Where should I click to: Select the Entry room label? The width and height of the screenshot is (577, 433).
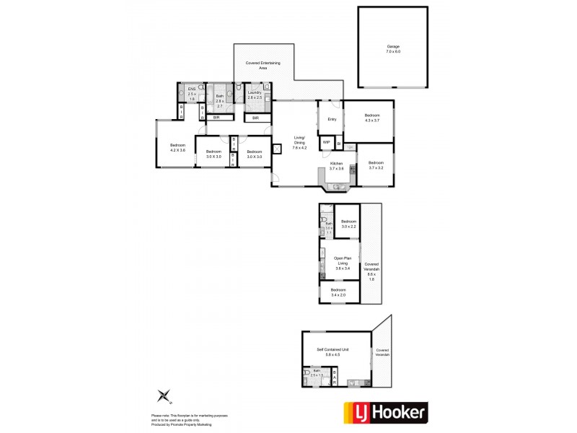click(332, 119)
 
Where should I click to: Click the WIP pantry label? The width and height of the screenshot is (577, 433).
click(326, 142)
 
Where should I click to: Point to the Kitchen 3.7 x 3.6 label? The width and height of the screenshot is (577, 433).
click(336, 166)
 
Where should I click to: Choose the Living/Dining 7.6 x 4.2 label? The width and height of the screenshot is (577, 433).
click(299, 142)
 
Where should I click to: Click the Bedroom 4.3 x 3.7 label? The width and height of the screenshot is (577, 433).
click(371, 118)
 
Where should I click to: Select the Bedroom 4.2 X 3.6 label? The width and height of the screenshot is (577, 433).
click(177, 148)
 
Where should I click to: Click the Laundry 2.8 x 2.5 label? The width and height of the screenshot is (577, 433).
click(255, 95)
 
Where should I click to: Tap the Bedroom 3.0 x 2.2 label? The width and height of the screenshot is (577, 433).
click(348, 224)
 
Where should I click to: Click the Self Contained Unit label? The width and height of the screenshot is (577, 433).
click(333, 351)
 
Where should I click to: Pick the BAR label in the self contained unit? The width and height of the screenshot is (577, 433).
click(334, 377)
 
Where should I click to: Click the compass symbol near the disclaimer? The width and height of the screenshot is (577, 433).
click(164, 396)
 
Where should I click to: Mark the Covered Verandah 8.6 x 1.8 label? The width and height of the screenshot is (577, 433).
click(371, 271)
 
